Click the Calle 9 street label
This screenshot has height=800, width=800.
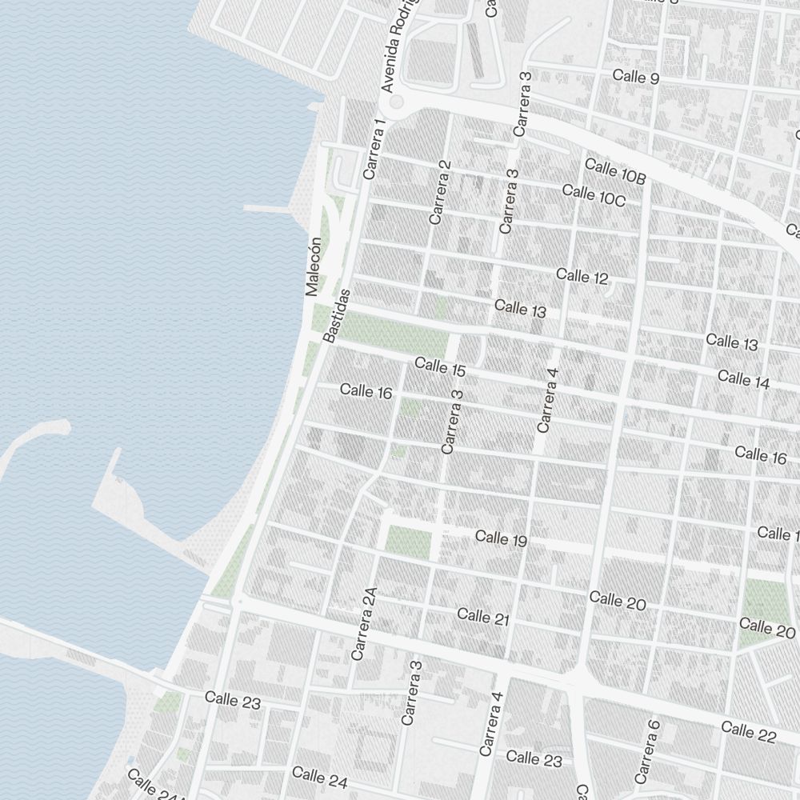coord(636,78)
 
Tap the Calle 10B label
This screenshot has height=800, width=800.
coord(615,171)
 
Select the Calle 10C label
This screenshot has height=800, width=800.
coord(594,195)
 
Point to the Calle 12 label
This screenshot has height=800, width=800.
coord(582,277)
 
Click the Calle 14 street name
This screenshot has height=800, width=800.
coord(743,379)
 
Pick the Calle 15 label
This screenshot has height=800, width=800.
coord(440,368)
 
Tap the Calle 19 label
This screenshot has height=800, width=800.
coord(501,538)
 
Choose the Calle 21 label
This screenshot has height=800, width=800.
coord(483,617)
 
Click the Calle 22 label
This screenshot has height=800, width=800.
coord(748,731)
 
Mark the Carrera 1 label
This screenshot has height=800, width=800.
coord(374,149)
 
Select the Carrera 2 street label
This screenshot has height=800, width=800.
coord(441,192)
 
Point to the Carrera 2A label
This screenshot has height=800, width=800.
coord(363,624)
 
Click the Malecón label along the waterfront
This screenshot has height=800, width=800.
coord(313,267)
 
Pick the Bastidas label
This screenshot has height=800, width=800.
coord(337,316)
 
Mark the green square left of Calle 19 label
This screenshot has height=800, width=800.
coord(408,542)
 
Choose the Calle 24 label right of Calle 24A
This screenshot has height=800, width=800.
coord(319,775)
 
